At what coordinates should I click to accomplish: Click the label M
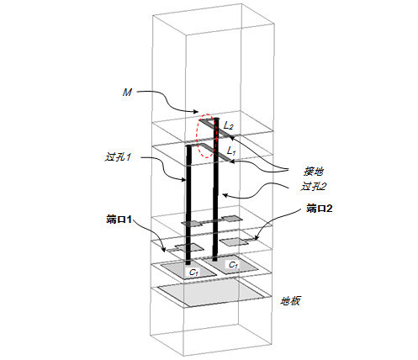tap(127, 92)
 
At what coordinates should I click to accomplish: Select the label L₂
tap(228, 126)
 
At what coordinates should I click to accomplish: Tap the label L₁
tap(231, 151)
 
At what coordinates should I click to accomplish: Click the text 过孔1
tap(118, 157)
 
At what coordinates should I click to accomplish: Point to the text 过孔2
tap(314, 186)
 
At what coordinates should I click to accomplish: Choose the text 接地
tap(314, 171)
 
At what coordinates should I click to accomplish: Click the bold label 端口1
tap(119, 220)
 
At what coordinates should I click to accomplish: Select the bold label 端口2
tap(320, 209)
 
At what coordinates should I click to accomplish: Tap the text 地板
tap(290, 301)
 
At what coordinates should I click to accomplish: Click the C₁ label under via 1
tap(194, 272)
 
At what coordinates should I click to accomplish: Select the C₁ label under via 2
tap(233, 264)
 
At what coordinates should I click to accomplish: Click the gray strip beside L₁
tap(216, 153)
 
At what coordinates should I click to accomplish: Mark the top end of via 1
tap(189, 146)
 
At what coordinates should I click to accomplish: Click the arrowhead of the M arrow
tap(197, 112)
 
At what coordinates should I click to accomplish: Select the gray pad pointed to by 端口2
tap(235, 241)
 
